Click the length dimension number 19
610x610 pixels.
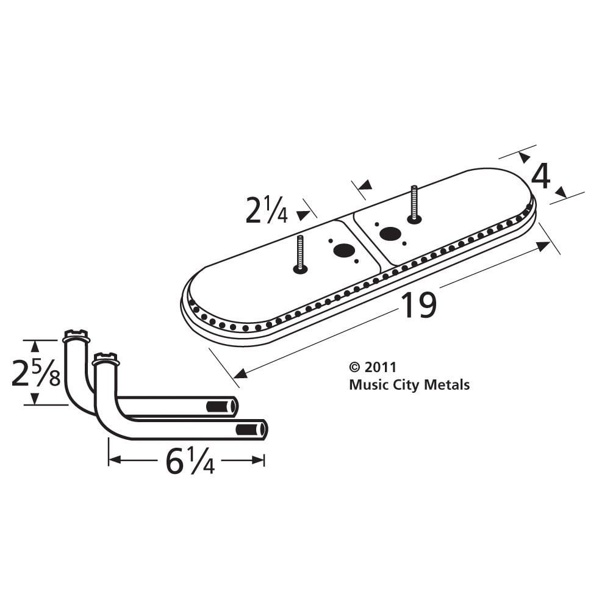(x=418, y=306)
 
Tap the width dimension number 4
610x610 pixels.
(x=540, y=177)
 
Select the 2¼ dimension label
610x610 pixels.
(x=267, y=211)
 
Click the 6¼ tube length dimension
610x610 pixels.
(x=190, y=462)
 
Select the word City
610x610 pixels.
(x=403, y=385)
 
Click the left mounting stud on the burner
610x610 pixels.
(x=300, y=254)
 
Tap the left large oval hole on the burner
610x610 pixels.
(x=344, y=250)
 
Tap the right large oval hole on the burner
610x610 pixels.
(x=390, y=233)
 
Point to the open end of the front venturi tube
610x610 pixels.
(x=252, y=429)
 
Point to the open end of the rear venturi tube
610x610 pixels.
(x=223, y=407)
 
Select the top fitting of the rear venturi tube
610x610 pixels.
(x=76, y=335)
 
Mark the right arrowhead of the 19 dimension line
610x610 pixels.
(x=543, y=246)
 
